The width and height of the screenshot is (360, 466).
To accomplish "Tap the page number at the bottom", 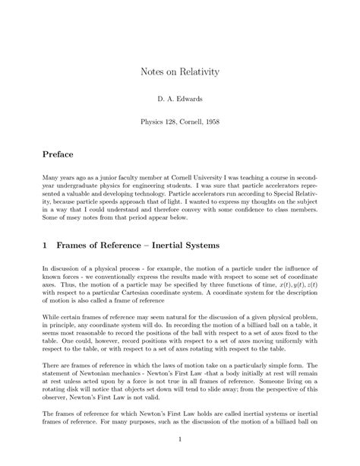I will click(180, 439).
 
